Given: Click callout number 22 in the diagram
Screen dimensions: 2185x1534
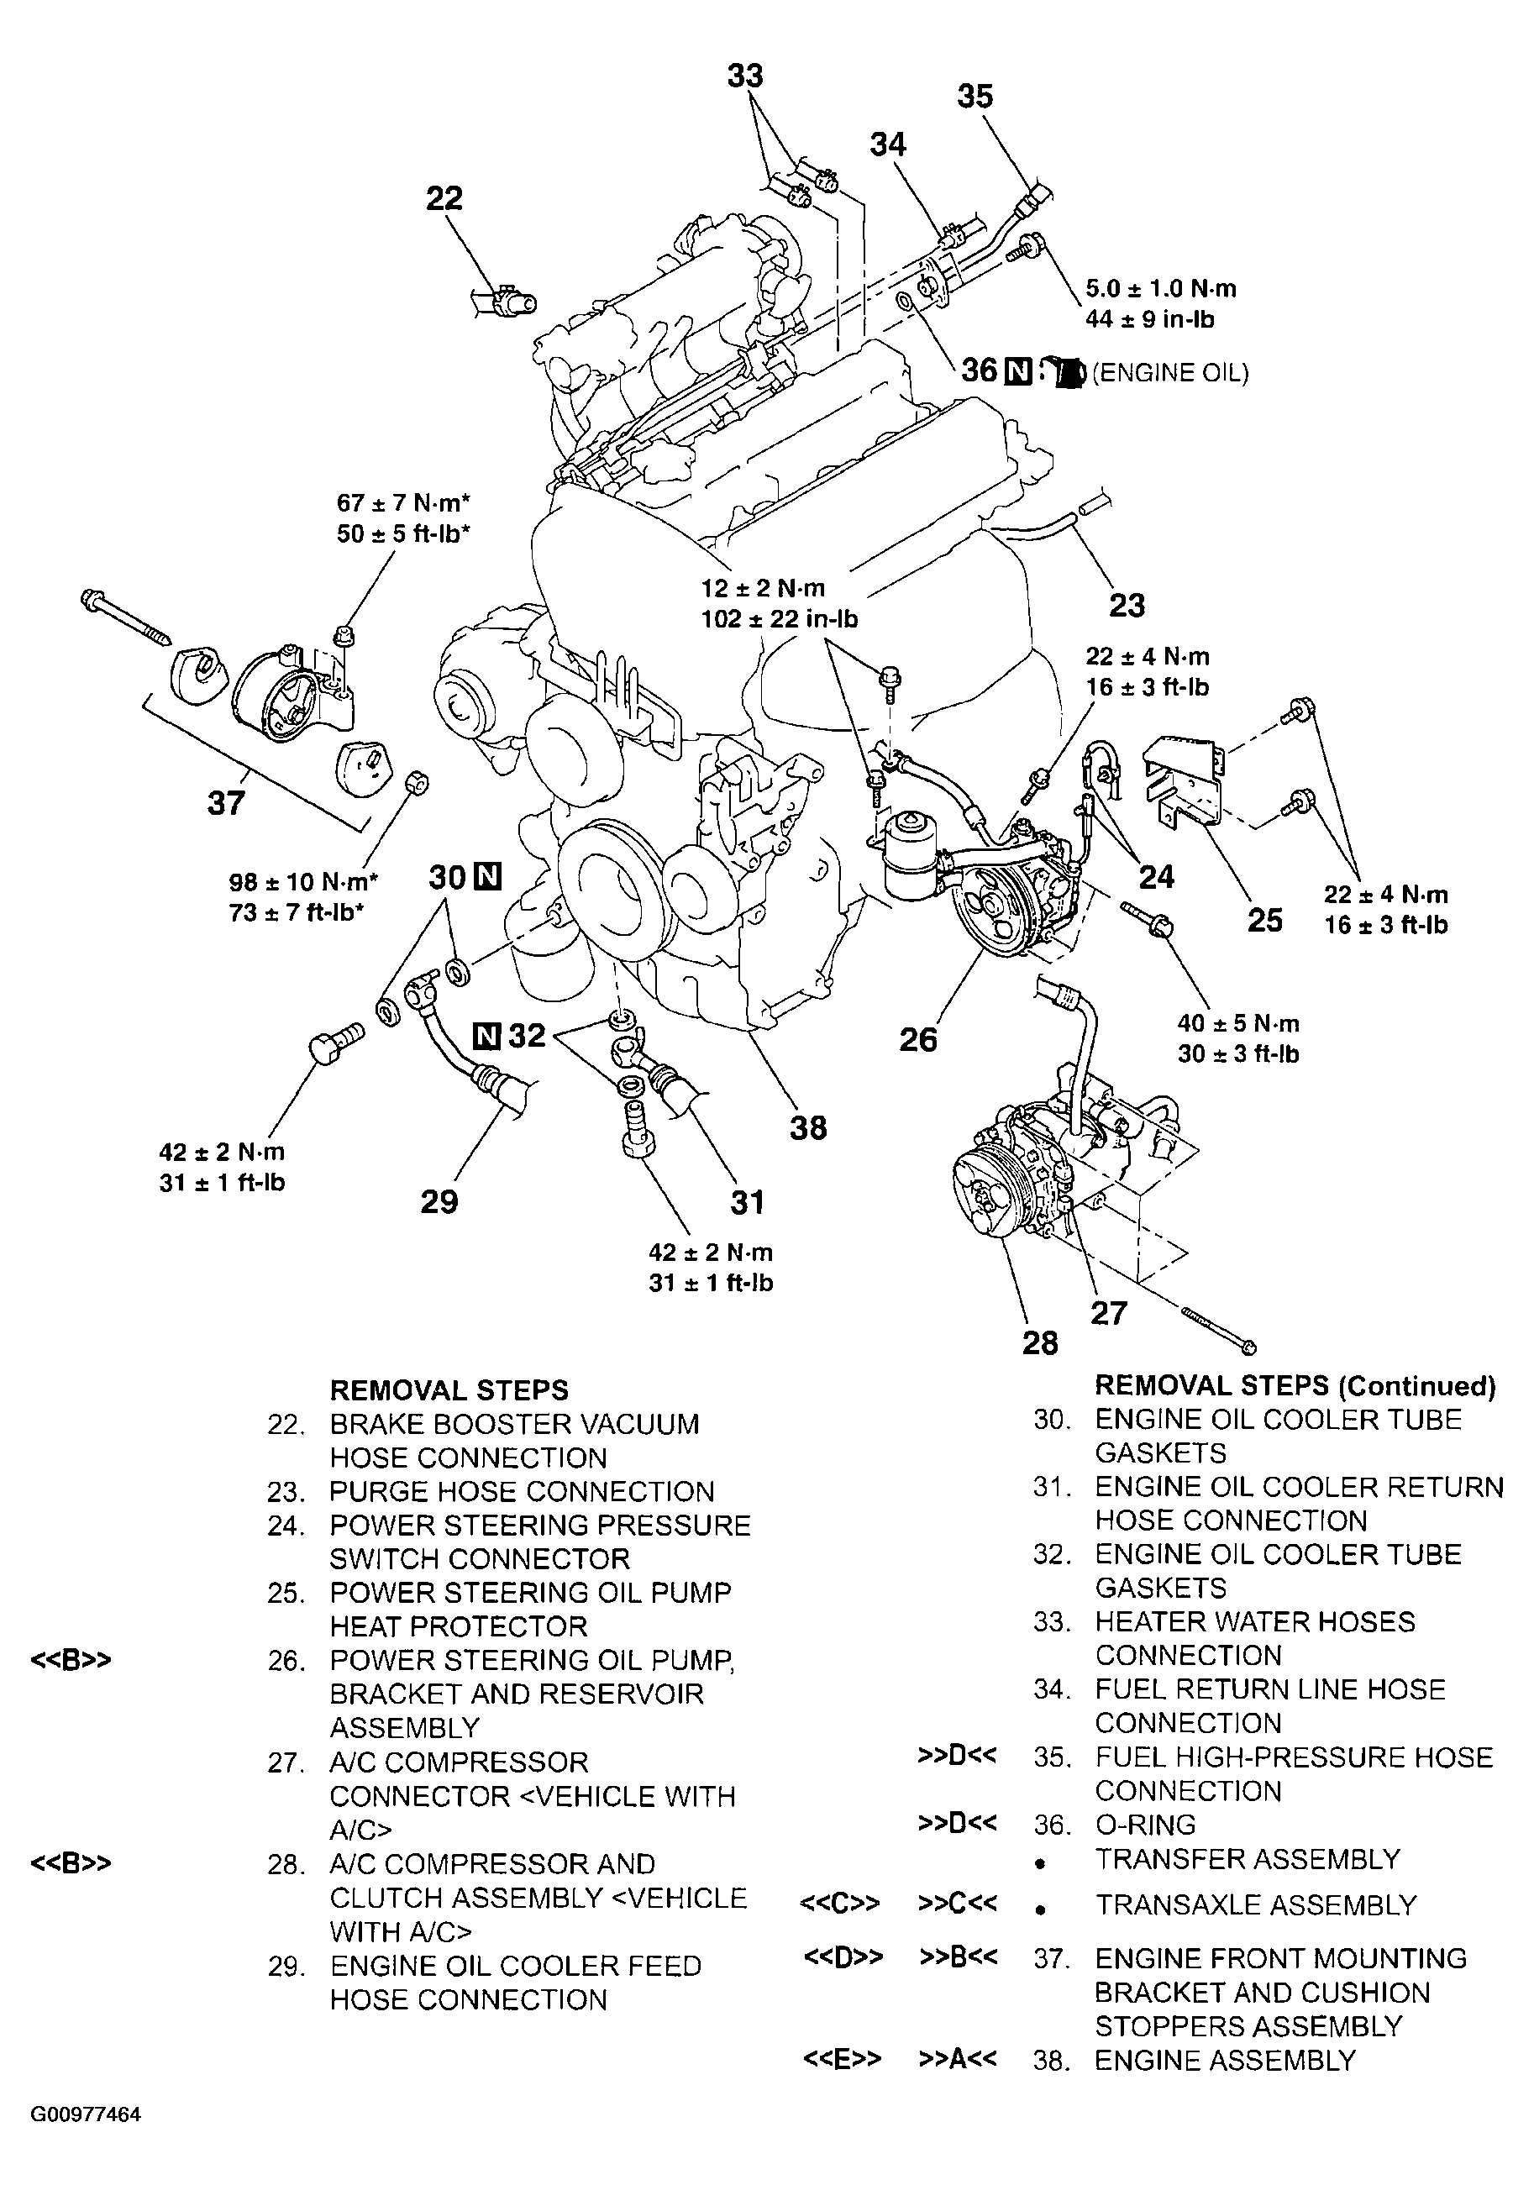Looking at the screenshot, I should pos(444,198).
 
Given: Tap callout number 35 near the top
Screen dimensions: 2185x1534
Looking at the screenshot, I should pos(975,96).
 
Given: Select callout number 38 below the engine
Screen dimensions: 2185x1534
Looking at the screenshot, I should pos(808,1127).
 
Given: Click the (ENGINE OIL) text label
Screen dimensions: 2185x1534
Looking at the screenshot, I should pos(1169,373).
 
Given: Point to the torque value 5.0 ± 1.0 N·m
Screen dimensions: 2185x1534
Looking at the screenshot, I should pos(1161,288).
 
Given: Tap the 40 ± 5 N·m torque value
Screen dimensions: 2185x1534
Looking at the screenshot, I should pos(1238,1023).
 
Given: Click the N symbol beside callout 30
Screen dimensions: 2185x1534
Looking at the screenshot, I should pos(487,876).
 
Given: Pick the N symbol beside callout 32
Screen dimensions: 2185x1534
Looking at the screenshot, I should pos(486,1034).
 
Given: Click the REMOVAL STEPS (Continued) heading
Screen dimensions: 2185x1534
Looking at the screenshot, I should pos(1295,1385).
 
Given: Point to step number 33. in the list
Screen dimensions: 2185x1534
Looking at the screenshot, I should pos(1053,1621).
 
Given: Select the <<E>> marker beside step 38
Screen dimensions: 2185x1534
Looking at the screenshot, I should pos(842,2061).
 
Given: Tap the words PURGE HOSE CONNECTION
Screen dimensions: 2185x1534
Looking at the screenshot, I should pos(522,1491).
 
